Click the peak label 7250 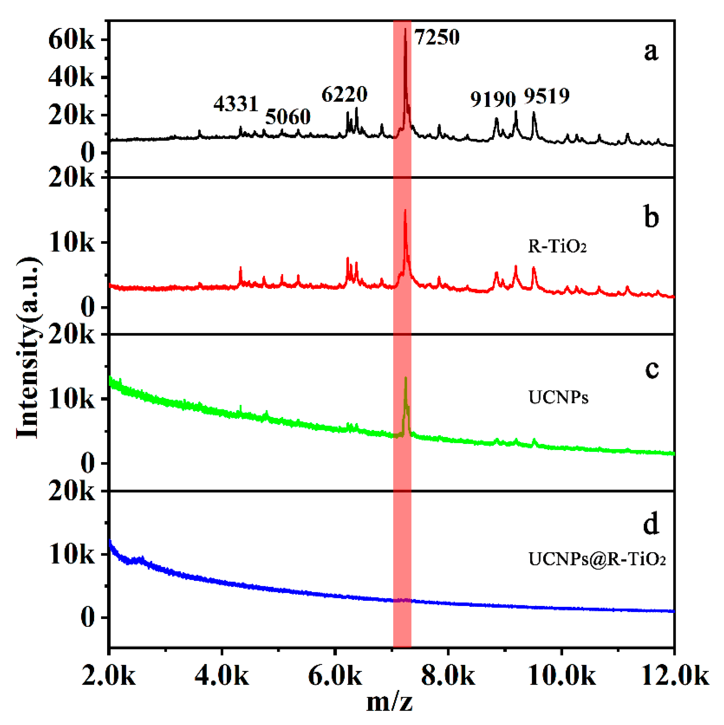[437, 37]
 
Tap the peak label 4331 [236, 104]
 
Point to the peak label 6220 [344, 94]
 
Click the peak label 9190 [493, 99]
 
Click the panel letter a [651, 51]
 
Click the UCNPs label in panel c [558, 397]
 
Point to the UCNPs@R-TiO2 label [597, 559]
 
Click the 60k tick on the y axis [71, 40]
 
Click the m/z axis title [389, 702]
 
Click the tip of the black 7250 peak [405, 29]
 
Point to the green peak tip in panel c [406, 378]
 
